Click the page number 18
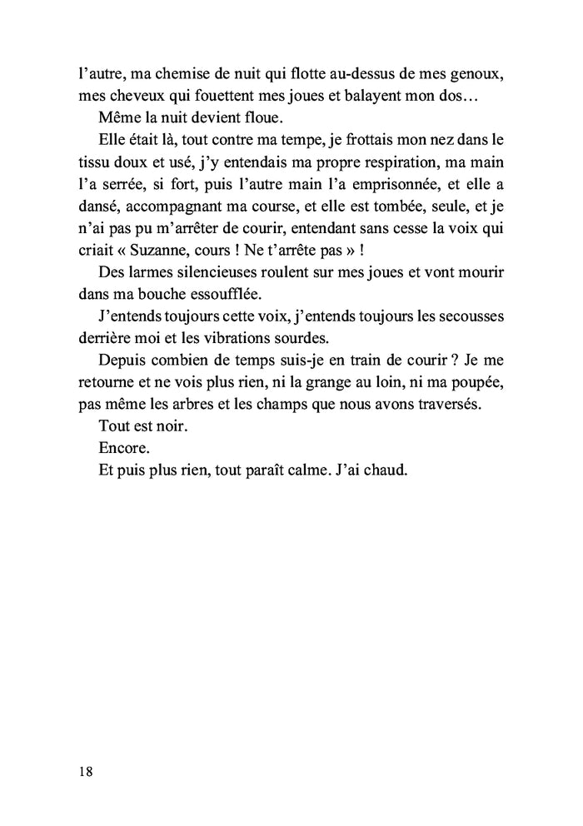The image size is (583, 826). [82, 771]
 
